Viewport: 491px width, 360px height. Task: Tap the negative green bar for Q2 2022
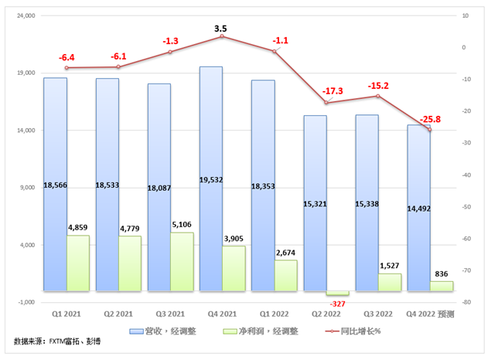coord(338,294)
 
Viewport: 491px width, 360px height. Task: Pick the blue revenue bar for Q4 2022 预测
coord(418,170)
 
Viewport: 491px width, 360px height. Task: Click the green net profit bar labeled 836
coord(442,286)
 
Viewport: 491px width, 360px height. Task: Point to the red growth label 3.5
coord(223,29)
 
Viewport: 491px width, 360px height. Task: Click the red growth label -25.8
coord(430,119)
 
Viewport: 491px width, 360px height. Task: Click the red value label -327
coord(338,304)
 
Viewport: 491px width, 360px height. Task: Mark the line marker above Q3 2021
coord(171,52)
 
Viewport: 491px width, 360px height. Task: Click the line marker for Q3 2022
coord(378,96)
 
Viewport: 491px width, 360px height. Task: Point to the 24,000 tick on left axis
coord(26,15)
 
